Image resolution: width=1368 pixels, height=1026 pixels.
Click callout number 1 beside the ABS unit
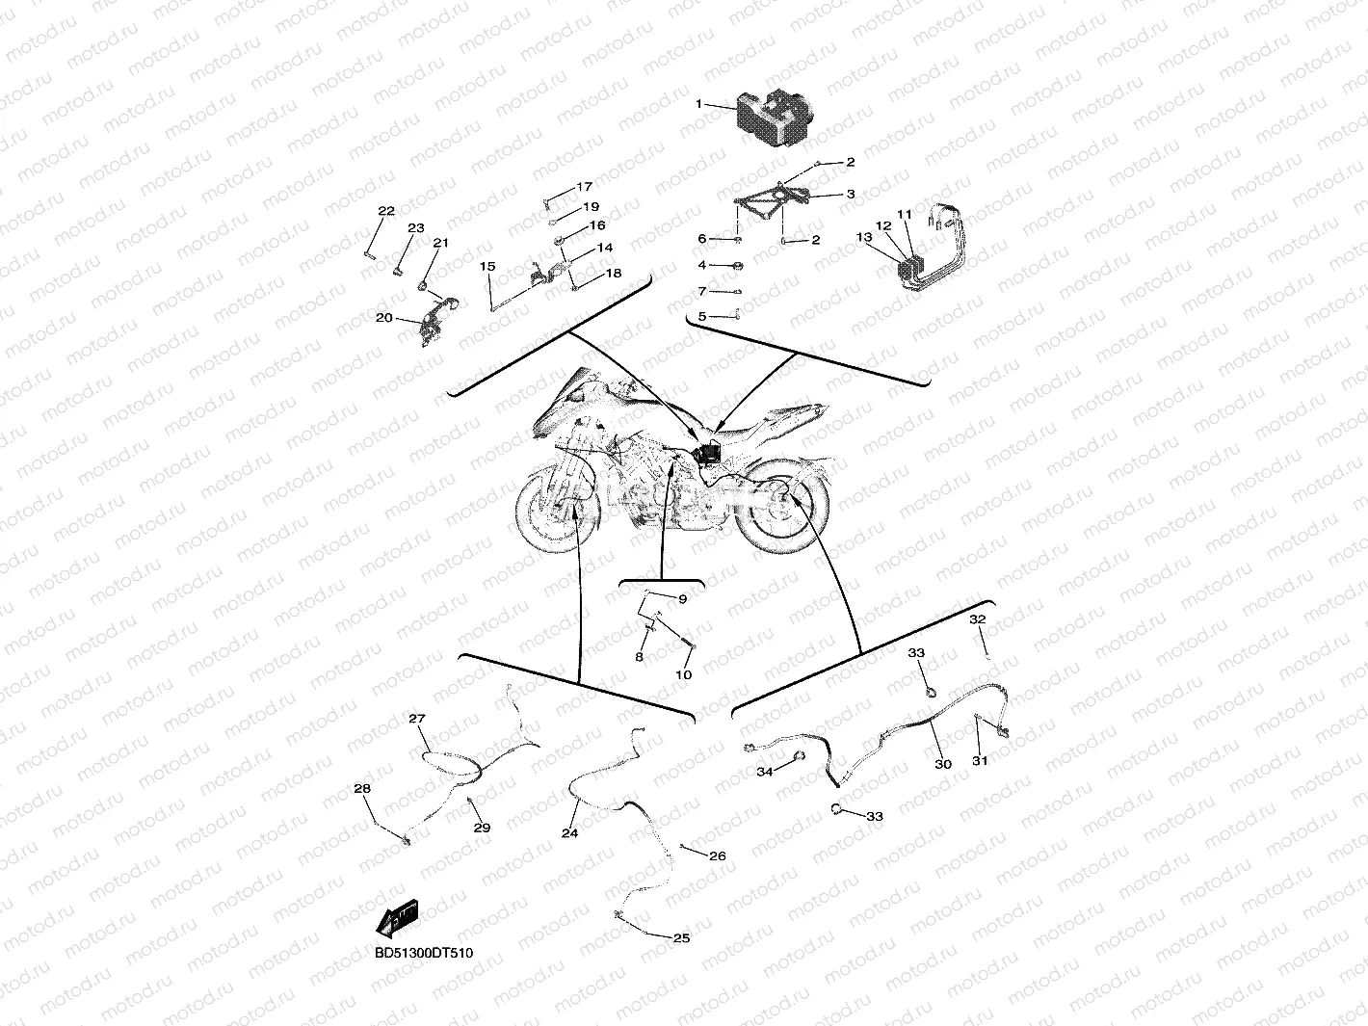coord(698,104)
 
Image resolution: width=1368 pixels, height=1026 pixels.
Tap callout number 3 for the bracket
coord(851,195)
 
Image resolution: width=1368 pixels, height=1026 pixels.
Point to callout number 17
coord(584,187)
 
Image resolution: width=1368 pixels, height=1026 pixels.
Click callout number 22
coord(386,211)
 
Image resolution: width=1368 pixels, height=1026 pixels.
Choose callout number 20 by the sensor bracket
coord(384,318)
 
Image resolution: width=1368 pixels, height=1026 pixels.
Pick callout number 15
coord(487,267)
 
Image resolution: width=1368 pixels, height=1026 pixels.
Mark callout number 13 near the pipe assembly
coord(864,237)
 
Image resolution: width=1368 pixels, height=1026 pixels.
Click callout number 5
coord(701,316)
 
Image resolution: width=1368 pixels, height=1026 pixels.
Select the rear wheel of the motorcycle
coord(788,506)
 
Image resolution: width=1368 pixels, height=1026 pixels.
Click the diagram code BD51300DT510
coord(424,953)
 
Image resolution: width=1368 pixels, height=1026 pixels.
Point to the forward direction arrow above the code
coord(398,919)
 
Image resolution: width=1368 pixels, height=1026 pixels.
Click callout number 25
coord(682,938)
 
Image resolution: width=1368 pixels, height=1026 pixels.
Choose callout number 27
coord(417,719)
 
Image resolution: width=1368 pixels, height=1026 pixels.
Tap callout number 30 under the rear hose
coord(943,764)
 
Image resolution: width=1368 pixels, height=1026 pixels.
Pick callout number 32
coord(977,619)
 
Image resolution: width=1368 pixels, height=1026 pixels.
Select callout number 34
coord(765,772)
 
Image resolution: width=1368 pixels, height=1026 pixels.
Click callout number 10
coord(684,674)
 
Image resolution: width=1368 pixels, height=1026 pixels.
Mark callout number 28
coord(362,789)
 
